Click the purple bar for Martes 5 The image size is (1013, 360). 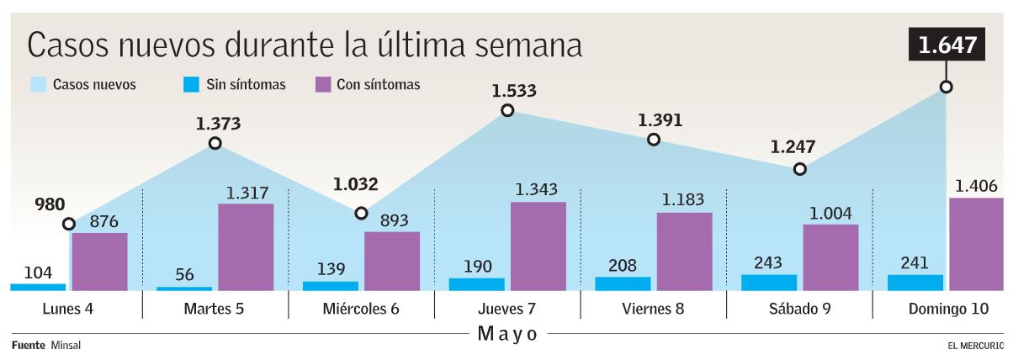pyautogui.click(x=246, y=247)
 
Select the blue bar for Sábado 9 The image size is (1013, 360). pyautogui.click(x=768, y=283)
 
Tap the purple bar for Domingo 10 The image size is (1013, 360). pyautogui.click(x=976, y=244)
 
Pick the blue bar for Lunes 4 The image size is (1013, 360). pyautogui.click(x=38, y=287)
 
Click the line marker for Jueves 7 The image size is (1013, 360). pyautogui.click(x=506, y=110)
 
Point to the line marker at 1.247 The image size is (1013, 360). pyautogui.click(x=799, y=169)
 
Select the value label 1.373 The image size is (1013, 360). pyautogui.click(x=218, y=124)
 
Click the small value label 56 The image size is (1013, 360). pyautogui.click(x=183, y=274)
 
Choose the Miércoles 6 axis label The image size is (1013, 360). pyautogui.click(x=361, y=309)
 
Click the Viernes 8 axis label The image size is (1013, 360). pyautogui.click(x=653, y=309)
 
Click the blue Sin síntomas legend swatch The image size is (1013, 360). pyautogui.click(x=191, y=84)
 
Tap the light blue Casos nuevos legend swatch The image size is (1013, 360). pyautogui.click(x=38, y=84)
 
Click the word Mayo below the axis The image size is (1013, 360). pyautogui.click(x=507, y=334)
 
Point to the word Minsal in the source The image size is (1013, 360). pyautogui.click(x=66, y=346)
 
